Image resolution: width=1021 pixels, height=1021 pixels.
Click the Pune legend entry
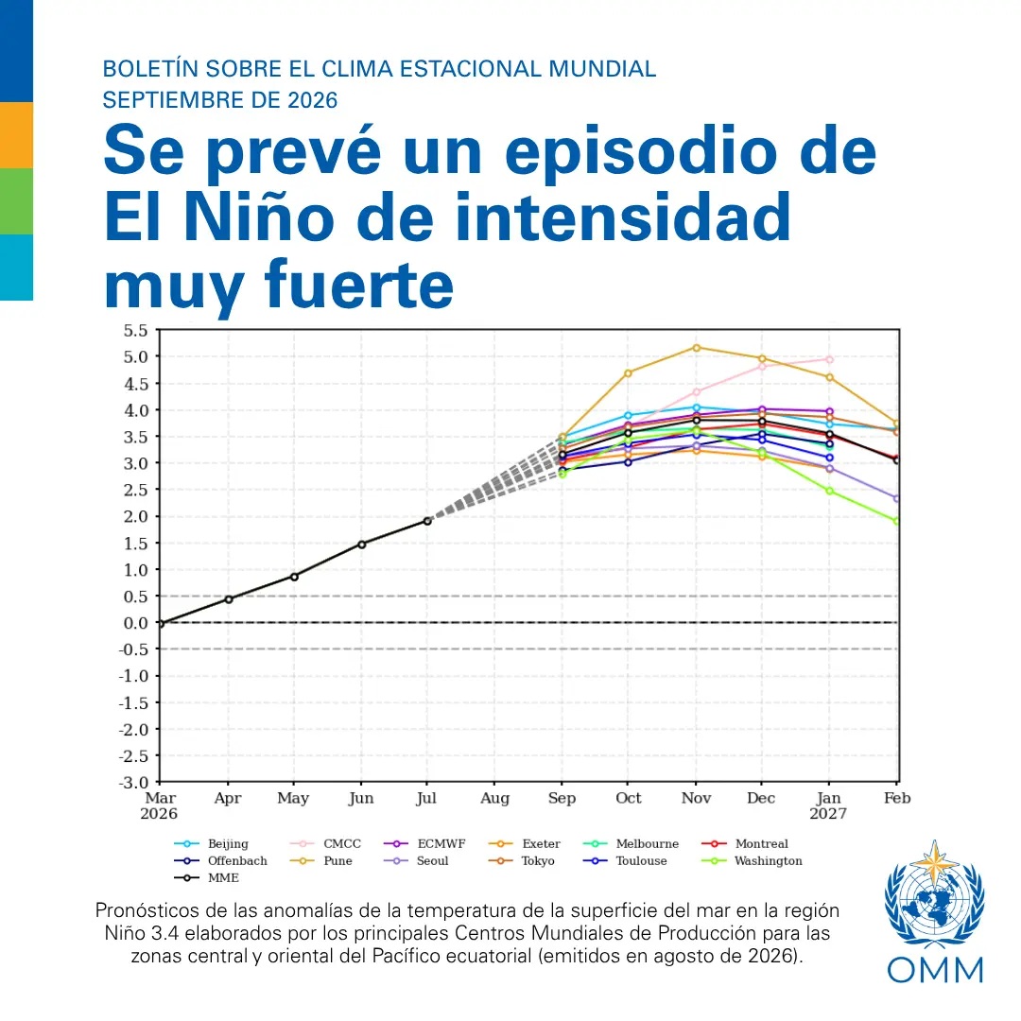321,861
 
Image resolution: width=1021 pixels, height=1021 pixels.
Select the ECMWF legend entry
424,844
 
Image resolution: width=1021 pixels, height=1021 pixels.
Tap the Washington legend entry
753,861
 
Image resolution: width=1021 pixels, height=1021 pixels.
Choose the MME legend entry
206,877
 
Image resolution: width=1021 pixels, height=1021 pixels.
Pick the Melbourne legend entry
631,844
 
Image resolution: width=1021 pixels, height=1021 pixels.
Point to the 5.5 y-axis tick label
135,331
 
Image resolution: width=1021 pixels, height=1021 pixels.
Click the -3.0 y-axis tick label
133,782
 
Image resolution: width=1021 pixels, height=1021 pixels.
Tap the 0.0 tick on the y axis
135,623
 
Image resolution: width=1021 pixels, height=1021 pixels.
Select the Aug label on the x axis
494,798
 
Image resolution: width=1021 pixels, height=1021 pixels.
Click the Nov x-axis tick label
696,798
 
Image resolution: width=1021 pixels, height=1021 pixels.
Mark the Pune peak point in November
696,348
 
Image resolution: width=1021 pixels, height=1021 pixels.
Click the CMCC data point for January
829,359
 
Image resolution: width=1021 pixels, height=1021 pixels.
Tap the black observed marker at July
427,521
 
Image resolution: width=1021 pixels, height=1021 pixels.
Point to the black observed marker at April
229,599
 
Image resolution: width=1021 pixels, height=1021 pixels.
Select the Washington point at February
896,521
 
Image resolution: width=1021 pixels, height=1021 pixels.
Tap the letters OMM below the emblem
935,970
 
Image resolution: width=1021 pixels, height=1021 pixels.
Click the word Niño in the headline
258,216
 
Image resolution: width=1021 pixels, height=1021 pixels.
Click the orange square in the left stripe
16,135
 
